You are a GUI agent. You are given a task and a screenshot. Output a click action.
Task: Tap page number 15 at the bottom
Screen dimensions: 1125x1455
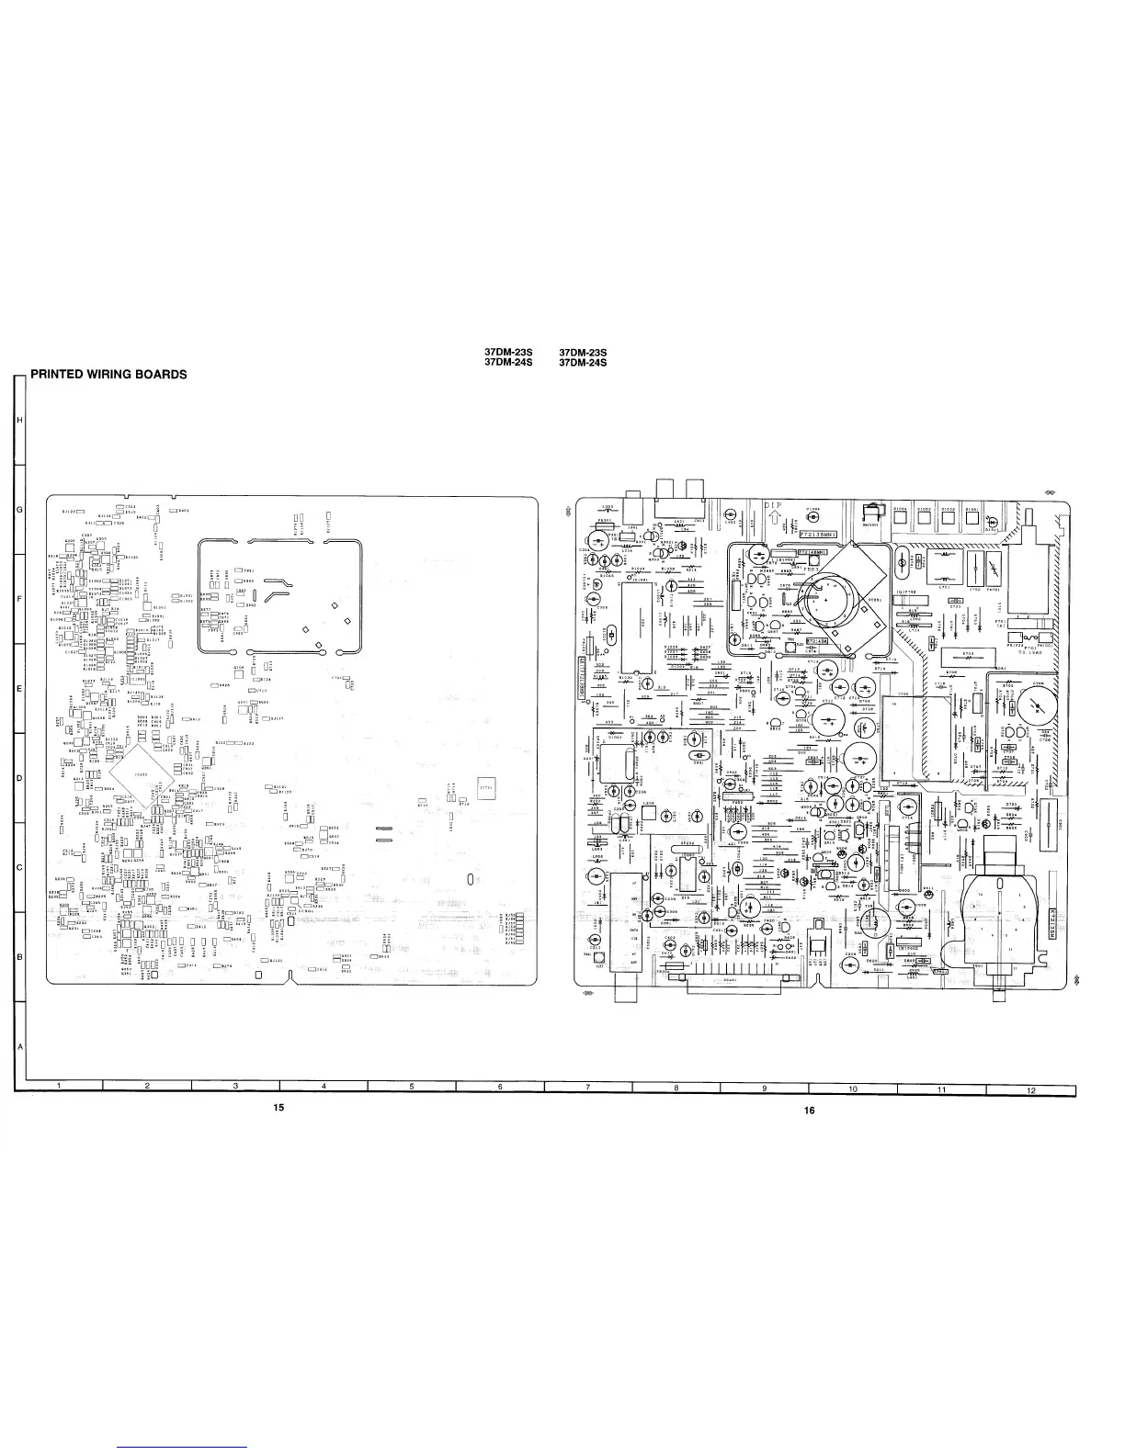(278, 1107)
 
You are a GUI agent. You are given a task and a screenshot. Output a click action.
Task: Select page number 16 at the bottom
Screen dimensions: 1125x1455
(809, 1111)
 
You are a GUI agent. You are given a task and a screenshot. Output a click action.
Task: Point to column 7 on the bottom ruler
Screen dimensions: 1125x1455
(588, 1088)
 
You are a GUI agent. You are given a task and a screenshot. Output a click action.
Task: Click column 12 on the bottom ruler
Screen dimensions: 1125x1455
(1031, 1089)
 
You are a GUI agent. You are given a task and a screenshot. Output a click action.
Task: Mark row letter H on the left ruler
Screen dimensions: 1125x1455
(20, 420)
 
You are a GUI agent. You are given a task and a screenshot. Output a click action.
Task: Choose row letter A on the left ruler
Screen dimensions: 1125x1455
(20, 1046)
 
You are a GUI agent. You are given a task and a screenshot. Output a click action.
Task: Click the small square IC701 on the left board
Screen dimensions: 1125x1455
(486, 787)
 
